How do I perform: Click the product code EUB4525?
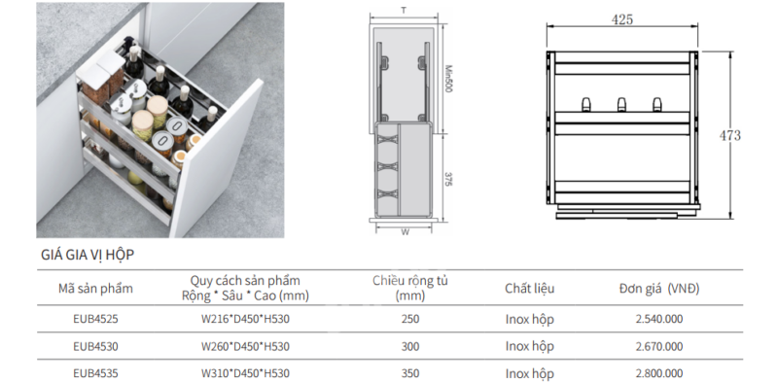click(x=95, y=319)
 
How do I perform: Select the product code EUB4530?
click(x=95, y=346)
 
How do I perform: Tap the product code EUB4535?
click(x=95, y=373)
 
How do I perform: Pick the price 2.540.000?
click(x=659, y=319)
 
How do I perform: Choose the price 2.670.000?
click(x=659, y=346)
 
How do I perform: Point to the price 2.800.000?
click(x=659, y=373)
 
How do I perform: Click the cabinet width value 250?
click(x=410, y=319)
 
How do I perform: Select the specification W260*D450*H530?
click(x=245, y=346)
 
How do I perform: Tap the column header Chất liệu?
click(x=530, y=289)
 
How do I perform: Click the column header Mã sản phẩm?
click(x=95, y=289)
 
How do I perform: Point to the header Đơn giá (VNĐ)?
click(x=659, y=289)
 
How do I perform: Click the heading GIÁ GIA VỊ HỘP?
click(x=88, y=255)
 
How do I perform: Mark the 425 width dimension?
click(x=622, y=19)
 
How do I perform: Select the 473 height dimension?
click(x=730, y=135)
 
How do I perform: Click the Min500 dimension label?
click(x=448, y=79)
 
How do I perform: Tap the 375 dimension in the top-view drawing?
click(x=448, y=179)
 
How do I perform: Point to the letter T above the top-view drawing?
click(x=404, y=11)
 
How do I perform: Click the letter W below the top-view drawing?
click(x=405, y=231)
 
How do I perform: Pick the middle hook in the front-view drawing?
click(x=621, y=105)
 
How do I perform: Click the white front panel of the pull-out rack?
click(x=216, y=158)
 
